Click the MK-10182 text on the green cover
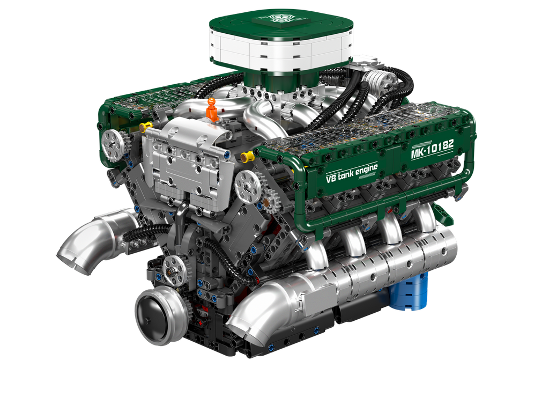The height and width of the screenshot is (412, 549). (x=432, y=149)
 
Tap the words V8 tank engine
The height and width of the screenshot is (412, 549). (x=352, y=173)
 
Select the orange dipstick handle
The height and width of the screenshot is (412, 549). (x=211, y=109)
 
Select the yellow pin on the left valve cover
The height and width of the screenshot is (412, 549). (x=145, y=127)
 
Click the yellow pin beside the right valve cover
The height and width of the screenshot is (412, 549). (x=247, y=156)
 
